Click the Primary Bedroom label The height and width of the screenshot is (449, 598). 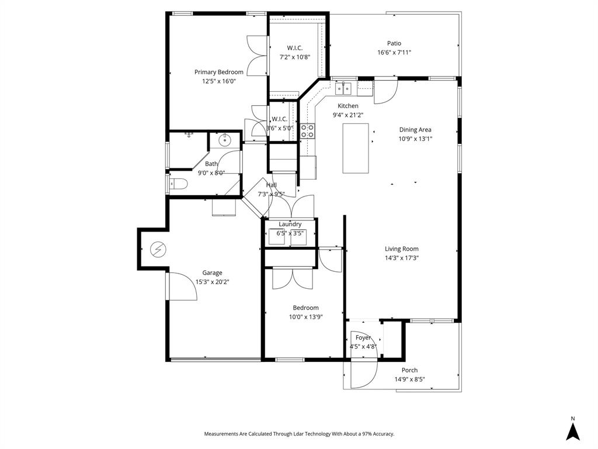(218, 72)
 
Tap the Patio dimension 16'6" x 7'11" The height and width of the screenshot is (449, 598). (394, 53)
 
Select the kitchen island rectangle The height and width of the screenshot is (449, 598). (355, 148)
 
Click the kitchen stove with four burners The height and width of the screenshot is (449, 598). (308, 131)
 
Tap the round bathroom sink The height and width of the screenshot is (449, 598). (224, 140)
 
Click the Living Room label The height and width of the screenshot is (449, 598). (401, 249)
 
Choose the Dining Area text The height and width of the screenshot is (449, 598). (415, 130)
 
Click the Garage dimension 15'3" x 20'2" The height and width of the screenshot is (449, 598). (212, 282)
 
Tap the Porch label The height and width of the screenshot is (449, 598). (409, 370)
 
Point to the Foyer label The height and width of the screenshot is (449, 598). (363, 337)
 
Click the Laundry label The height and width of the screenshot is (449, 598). (290, 224)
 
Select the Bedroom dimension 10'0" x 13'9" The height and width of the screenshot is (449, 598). (305, 317)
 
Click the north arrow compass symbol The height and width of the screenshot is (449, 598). (573, 431)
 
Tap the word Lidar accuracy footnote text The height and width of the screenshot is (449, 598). (299, 434)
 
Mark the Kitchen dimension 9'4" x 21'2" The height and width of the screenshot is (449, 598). (348, 115)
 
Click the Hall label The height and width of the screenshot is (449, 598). (271, 185)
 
